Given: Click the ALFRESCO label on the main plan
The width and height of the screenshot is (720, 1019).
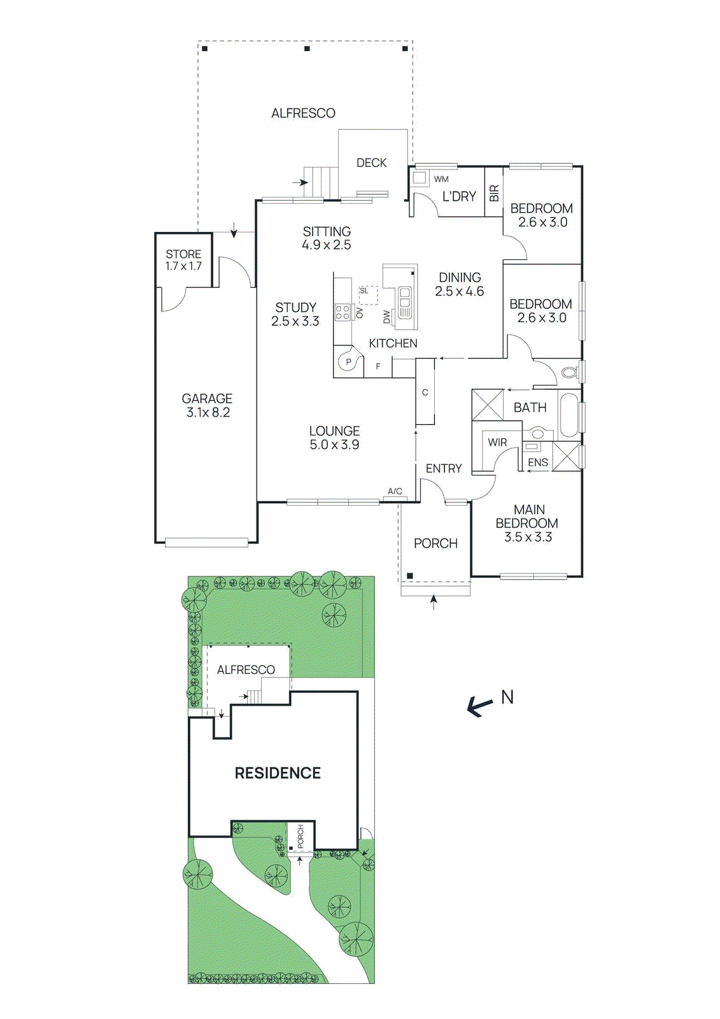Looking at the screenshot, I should [303, 113].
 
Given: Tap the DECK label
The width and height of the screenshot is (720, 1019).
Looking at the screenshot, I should [371, 163].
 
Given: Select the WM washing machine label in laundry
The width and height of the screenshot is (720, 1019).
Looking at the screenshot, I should [441, 180].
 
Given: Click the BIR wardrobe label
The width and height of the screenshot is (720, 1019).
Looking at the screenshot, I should [494, 194].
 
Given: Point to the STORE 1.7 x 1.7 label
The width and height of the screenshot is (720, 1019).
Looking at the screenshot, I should [183, 260].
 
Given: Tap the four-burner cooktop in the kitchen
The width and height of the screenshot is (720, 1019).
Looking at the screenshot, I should [342, 312].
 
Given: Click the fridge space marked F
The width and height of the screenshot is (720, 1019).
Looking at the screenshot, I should [378, 367].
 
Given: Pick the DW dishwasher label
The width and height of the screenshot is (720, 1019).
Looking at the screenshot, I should [387, 317].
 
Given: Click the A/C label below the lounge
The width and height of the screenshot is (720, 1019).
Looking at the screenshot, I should [395, 491].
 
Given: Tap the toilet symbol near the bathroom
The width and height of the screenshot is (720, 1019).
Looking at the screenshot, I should [569, 372].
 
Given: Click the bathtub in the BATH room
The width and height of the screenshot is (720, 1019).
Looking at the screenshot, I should [568, 415].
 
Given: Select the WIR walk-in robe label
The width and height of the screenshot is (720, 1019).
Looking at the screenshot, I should [497, 443].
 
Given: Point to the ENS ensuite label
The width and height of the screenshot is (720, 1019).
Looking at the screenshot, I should [538, 463].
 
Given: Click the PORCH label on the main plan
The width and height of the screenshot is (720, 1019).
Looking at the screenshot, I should [435, 543].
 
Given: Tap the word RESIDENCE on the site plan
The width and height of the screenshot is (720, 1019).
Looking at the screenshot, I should [278, 773].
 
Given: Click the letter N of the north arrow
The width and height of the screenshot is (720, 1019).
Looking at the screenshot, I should [507, 697].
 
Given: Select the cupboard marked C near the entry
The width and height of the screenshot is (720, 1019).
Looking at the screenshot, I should [425, 393].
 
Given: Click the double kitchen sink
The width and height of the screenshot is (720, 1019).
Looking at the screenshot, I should [404, 303].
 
